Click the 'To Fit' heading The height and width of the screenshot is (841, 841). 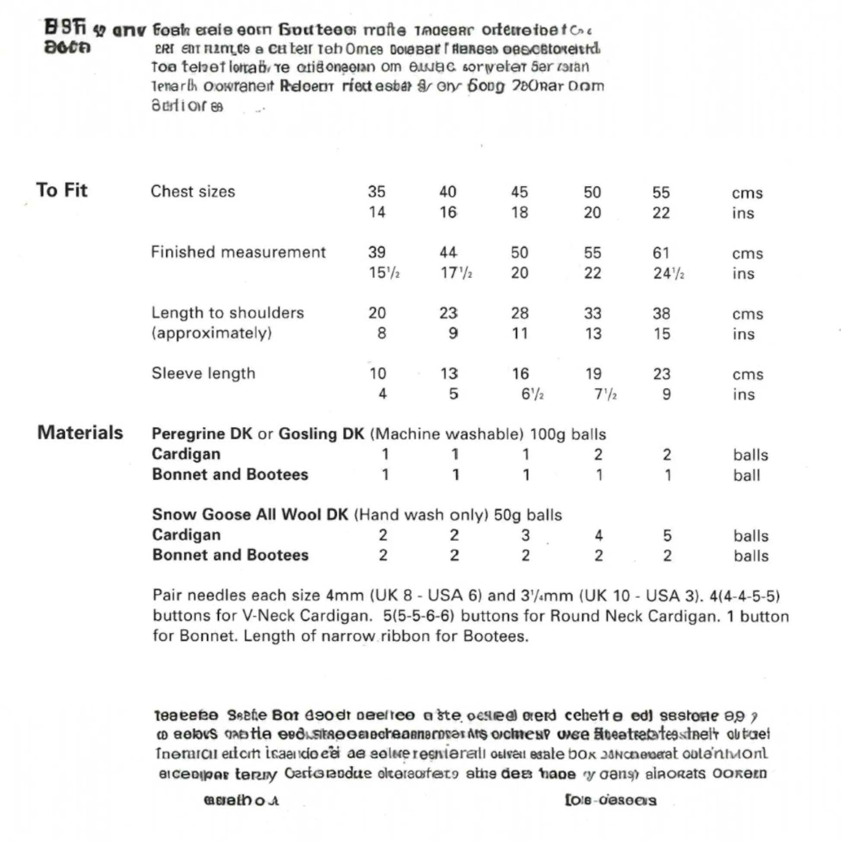(x=62, y=190)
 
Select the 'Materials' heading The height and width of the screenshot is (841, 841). (x=80, y=433)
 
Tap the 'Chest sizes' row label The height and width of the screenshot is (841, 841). (x=193, y=191)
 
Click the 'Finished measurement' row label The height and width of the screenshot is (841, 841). (x=238, y=252)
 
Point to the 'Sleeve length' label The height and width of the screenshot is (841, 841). (x=203, y=373)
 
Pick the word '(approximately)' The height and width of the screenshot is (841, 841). (x=212, y=333)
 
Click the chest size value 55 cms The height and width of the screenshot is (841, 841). (x=660, y=192)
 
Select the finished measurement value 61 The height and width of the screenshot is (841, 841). (x=661, y=253)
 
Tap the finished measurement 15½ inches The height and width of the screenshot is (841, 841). (x=384, y=273)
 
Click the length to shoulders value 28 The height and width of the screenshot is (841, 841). (x=519, y=313)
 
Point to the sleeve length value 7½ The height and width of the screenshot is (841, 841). (x=605, y=395)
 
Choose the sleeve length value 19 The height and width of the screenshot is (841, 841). (x=593, y=374)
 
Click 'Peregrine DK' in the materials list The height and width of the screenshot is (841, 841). (x=202, y=434)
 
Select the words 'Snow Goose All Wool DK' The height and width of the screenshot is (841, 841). (x=250, y=515)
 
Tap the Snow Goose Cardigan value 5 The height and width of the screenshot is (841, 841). (x=667, y=535)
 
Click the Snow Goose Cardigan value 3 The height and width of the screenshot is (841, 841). (x=526, y=535)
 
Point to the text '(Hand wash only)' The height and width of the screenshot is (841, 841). (x=421, y=515)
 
